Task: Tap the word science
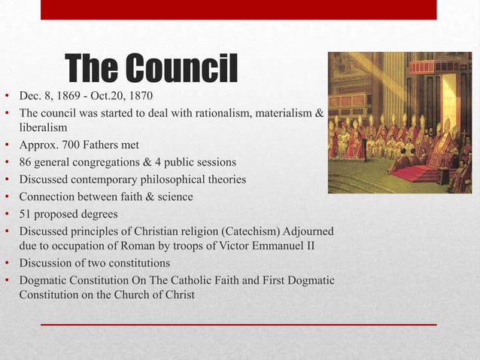(169, 197)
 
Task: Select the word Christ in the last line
(178, 294)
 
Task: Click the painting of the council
(399, 123)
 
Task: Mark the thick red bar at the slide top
(238, 10)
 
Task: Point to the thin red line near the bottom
(238, 324)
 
